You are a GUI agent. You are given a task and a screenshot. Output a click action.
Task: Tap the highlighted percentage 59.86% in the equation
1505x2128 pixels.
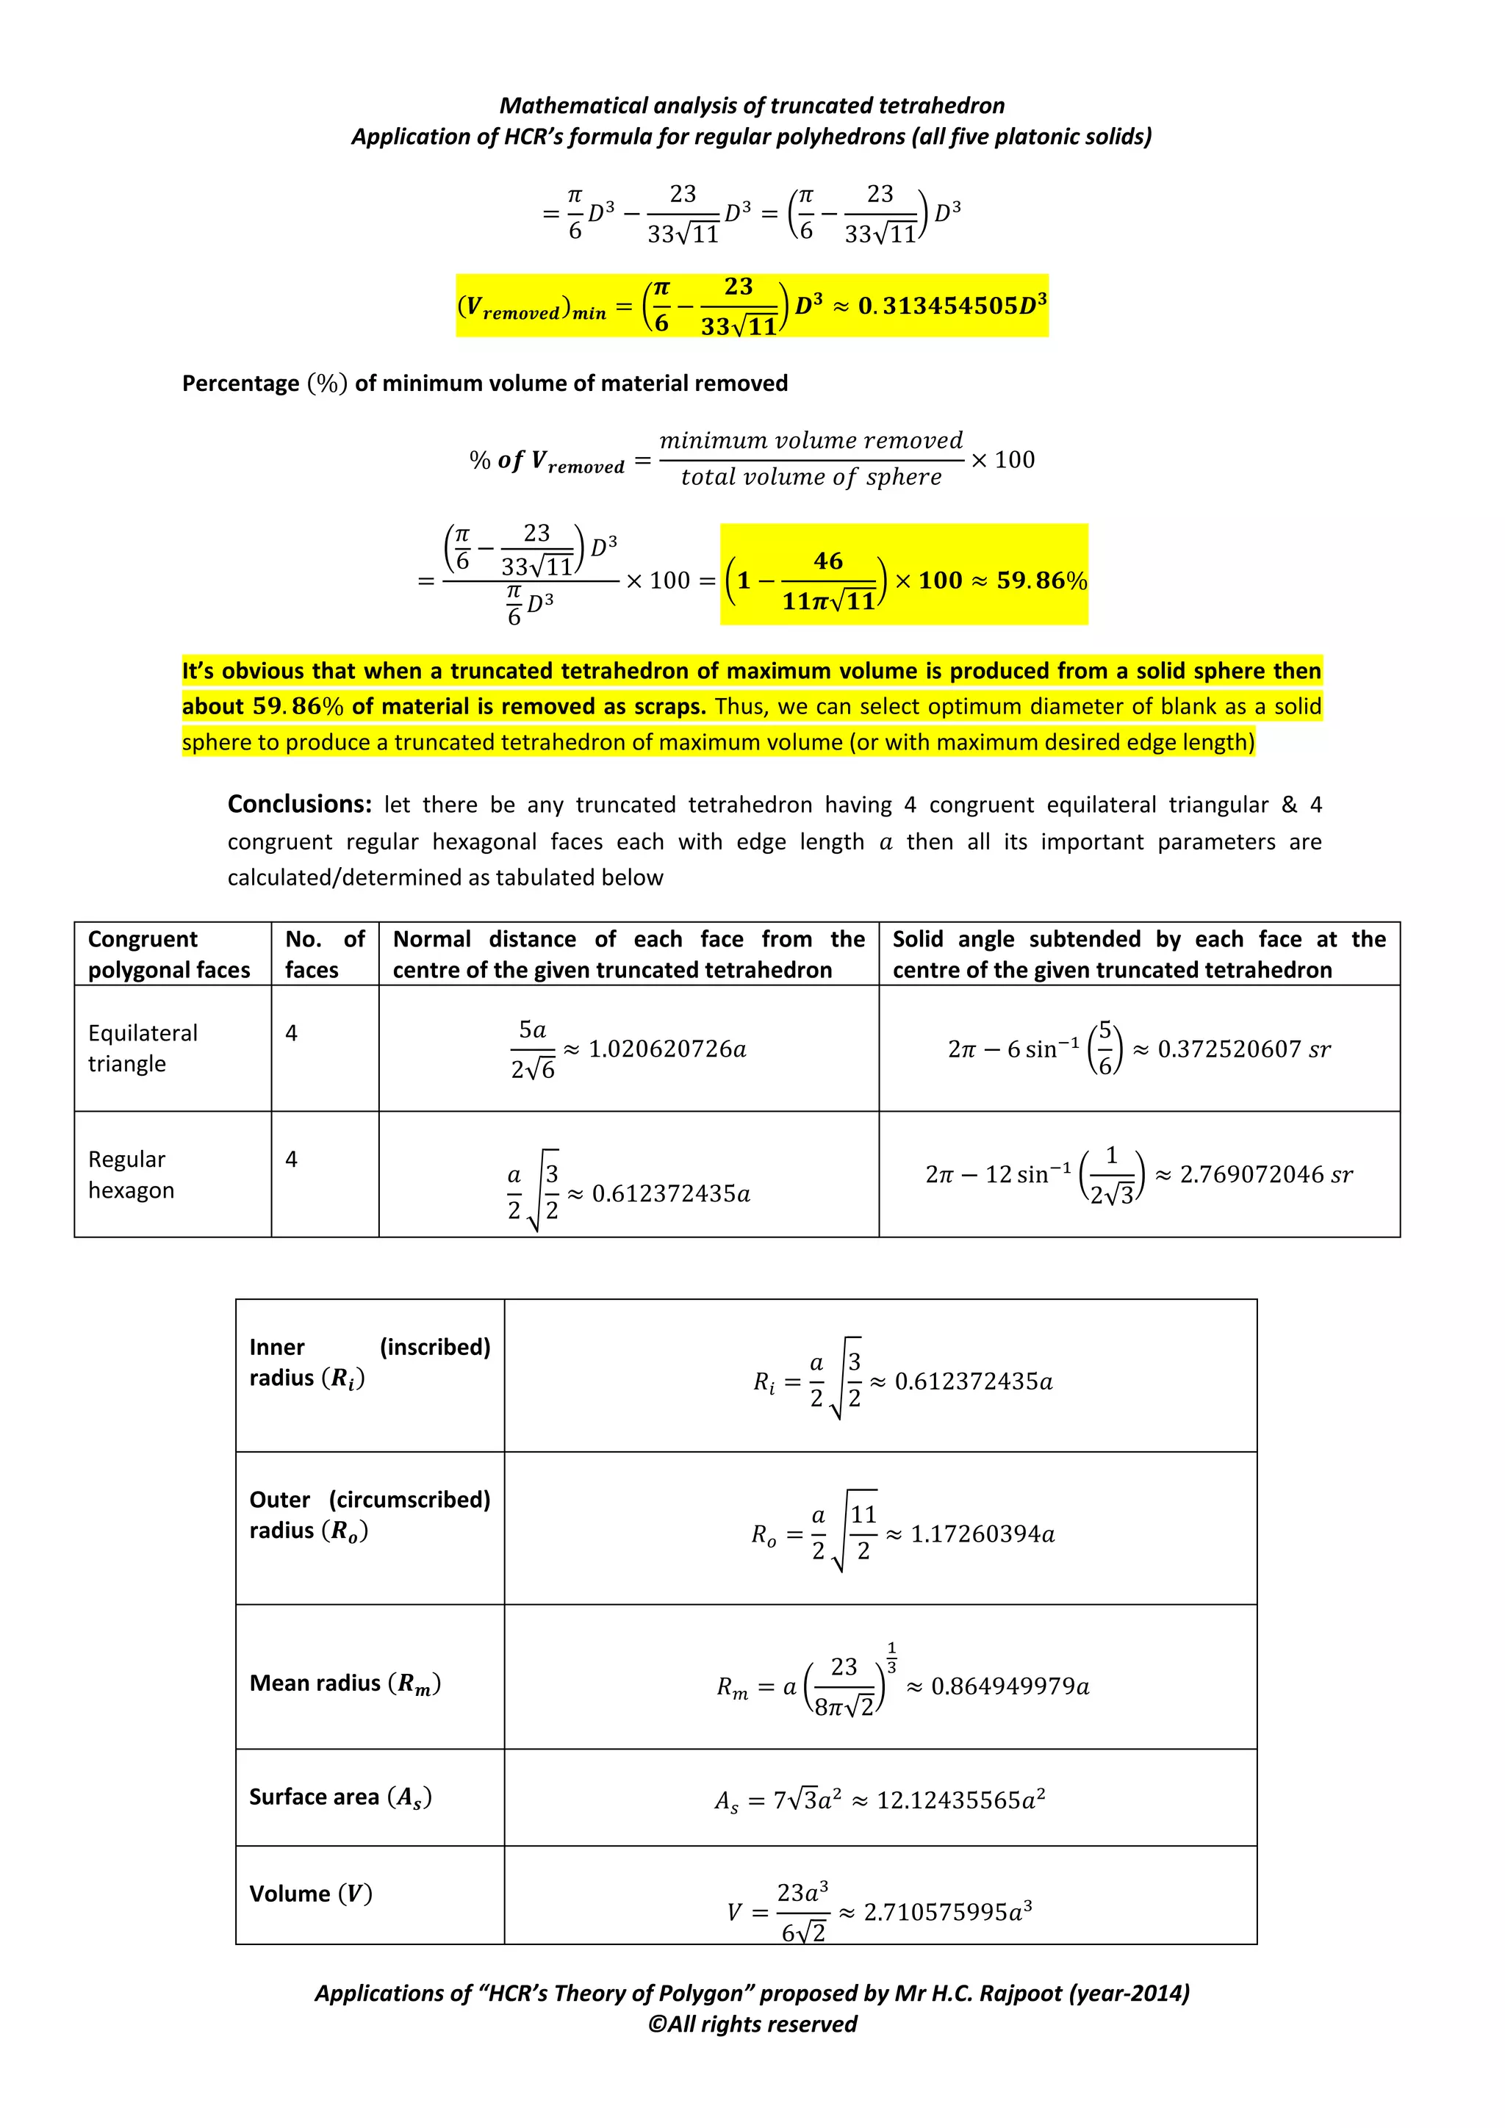[x=1041, y=580]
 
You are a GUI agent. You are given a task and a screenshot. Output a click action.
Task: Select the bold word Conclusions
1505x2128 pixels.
[x=299, y=804]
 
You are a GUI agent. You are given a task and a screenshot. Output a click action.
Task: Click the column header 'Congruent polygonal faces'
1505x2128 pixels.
[x=169, y=954]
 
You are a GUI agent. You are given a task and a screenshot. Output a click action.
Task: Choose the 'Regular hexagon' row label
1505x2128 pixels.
[x=131, y=1174]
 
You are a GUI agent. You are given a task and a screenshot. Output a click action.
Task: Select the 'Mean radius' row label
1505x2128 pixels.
[x=345, y=1683]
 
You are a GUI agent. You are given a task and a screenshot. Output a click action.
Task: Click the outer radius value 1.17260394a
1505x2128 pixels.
[x=983, y=1534]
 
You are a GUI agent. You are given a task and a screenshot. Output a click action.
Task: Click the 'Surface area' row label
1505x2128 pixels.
[x=340, y=1797]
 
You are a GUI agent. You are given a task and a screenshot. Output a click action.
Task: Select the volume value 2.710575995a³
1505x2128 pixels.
[x=947, y=1912]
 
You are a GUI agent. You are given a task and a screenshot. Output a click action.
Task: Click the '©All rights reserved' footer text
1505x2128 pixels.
[x=752, y=2024]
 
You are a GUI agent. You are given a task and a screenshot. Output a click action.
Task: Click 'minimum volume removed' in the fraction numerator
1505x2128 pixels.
[x=811, y=440]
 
